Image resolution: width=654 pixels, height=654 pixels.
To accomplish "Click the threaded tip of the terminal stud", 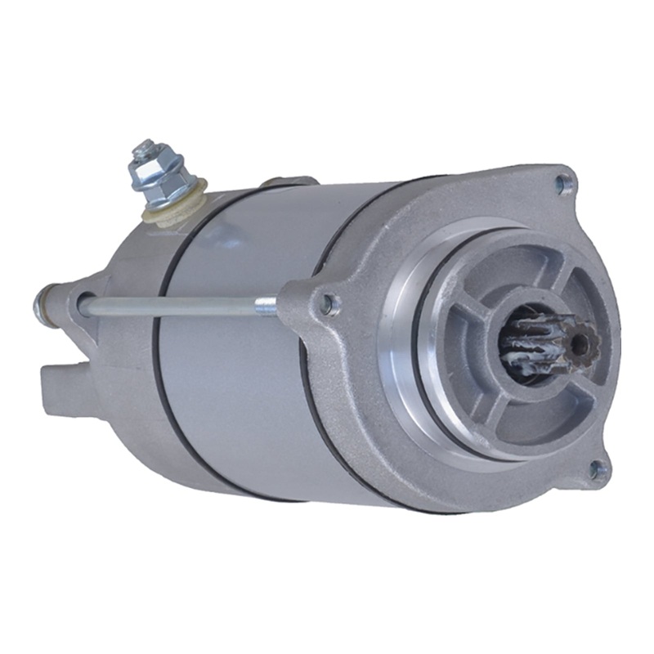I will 145,148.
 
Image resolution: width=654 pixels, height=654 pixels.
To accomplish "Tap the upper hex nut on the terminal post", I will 152,163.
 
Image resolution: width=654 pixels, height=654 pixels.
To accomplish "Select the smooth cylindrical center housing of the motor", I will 245,368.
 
